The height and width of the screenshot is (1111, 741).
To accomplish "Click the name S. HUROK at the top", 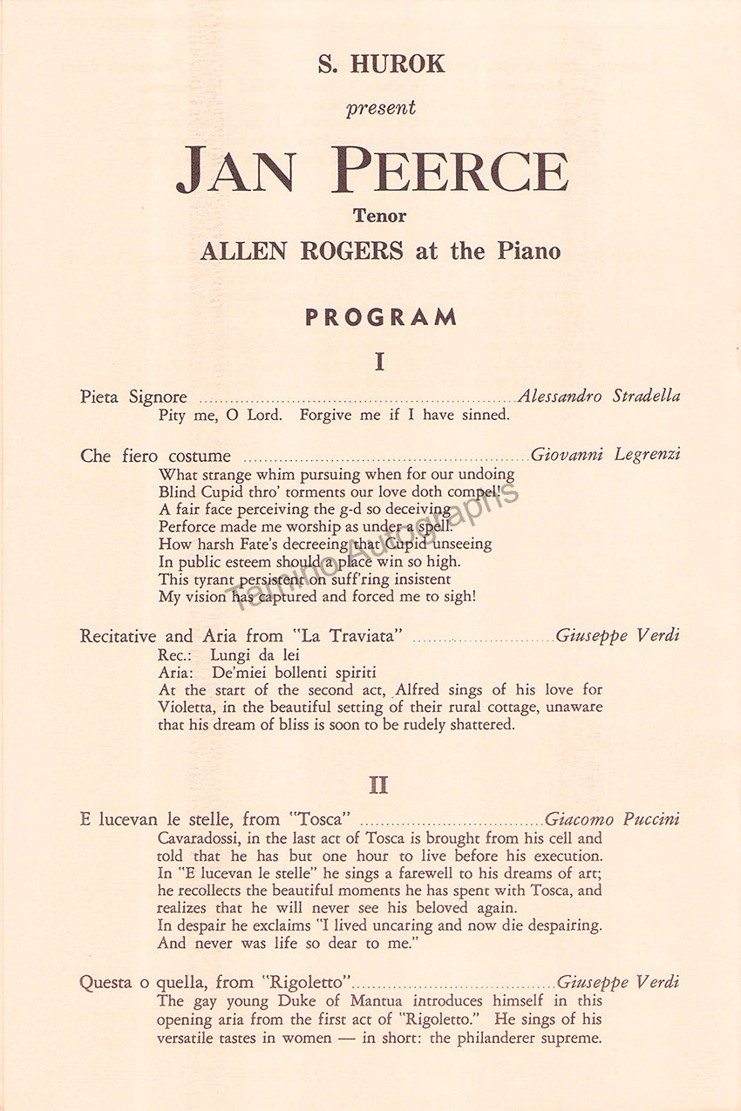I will click(x=381, y=64).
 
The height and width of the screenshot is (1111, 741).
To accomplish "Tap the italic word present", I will click(x=380, y=108).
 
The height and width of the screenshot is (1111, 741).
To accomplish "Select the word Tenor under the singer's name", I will click(x=380, y=214).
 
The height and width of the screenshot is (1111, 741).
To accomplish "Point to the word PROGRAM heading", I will click(x=380, y=317).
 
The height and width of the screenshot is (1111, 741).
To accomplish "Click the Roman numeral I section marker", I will click(x=379, y=362).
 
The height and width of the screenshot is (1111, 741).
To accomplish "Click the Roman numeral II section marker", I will click(x=378, y=784).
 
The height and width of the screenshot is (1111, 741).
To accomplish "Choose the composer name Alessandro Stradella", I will click(x=599, y=396).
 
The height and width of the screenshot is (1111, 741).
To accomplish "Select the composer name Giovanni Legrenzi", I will click(x=605, y=454).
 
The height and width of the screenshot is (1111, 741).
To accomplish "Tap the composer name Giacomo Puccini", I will click(x=612, y=819).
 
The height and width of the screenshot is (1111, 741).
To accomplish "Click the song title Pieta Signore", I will click(x=133, y=397).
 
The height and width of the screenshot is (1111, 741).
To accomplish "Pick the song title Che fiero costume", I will click(x=155, y=456).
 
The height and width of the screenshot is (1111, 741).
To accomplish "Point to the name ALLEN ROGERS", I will click(x=302, y=251).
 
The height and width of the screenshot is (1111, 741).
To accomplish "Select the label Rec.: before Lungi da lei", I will click(x=173, y=654).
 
